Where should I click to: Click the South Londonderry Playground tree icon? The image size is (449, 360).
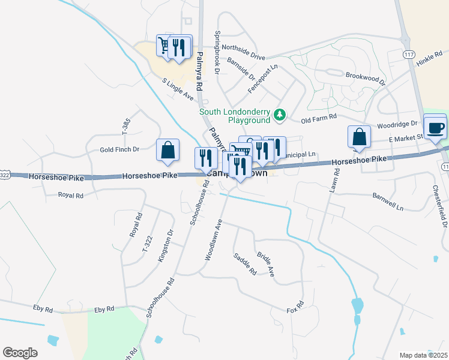tap(279, 114)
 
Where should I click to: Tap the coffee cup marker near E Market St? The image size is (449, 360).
tap(435, 127)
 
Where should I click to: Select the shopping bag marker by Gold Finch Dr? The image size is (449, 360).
tap(168, 150)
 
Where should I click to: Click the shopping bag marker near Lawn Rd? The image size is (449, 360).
tap(359, 136)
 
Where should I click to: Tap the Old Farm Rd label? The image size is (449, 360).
tap(320, 119)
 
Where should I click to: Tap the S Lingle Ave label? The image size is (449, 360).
tap(177, 89)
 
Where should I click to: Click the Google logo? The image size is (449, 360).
tap(20, 352)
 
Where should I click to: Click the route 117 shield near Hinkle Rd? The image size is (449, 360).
tap(409, 55)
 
